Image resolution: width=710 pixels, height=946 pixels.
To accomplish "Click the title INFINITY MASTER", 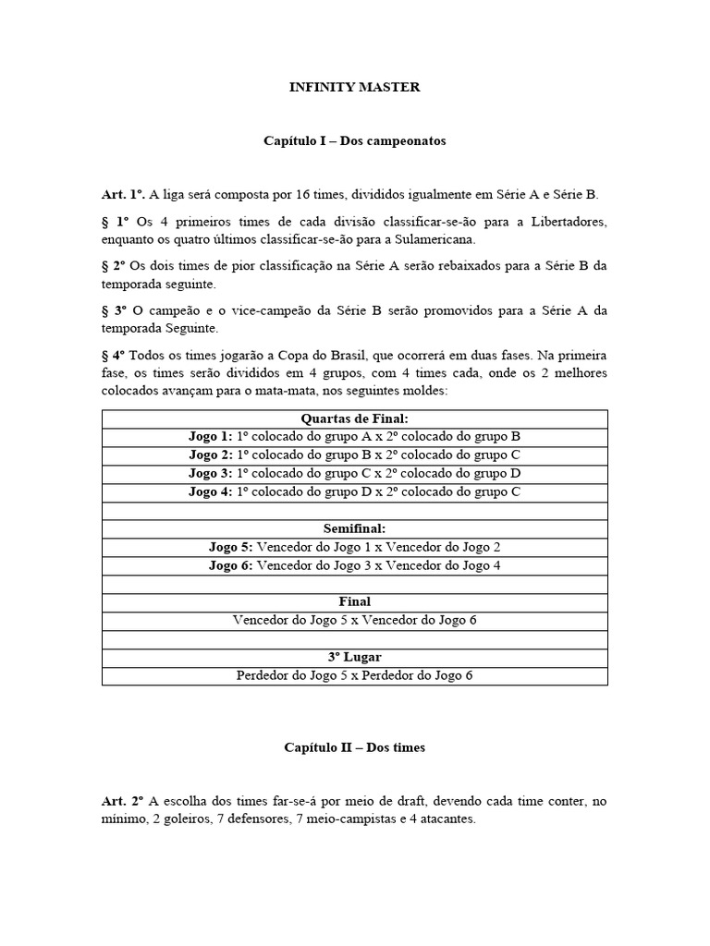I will (x=354, y=88).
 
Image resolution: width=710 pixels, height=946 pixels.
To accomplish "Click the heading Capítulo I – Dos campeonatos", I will (x=354, y=141).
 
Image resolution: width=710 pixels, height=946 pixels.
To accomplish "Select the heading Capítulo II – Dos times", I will (x=354, y=747).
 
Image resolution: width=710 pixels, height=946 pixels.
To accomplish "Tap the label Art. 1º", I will (x=124, y=195).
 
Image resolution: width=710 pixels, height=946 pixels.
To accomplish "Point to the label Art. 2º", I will (x=124, y=801).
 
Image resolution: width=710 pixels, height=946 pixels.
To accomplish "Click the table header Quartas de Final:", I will (x=354, y=418).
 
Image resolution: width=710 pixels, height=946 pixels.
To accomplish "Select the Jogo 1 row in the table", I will (x=354, y=437).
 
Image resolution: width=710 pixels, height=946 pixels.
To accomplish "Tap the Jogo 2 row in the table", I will (x=354, y=455).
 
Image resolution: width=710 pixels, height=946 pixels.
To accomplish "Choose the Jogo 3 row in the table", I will (x=354, y=474).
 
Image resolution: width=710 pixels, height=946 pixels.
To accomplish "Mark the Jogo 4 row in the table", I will (x=354, y=492).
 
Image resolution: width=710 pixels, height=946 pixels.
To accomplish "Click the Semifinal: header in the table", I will (x=354, y=529).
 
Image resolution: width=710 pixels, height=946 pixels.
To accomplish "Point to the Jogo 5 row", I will (x=354, y=548).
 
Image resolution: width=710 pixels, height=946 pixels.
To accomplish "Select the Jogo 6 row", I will (x=354, y=565).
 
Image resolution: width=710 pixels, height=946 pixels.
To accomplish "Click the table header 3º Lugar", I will (x=354, y=657).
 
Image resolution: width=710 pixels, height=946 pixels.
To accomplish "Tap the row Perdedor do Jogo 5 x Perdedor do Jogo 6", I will (x=354, y=675).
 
